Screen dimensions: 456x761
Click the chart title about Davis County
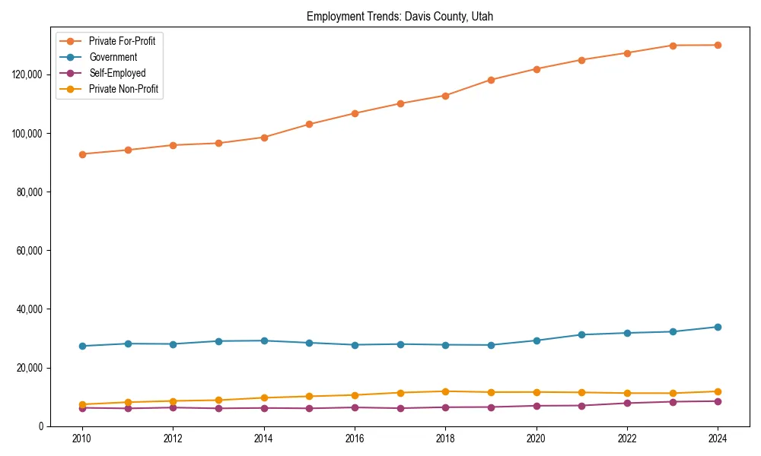[400, 16]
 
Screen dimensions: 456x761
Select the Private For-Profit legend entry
[122, 41]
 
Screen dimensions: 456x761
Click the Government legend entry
[113, 57]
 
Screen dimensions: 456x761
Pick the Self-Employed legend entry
[116, 73]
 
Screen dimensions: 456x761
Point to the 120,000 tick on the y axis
[27, 74]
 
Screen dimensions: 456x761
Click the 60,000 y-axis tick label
[30, 251]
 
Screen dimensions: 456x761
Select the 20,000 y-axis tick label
[30, 368]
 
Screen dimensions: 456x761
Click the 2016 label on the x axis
[355, 439]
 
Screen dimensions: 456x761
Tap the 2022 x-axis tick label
[627, 439]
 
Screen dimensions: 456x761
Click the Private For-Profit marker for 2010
[82, 154]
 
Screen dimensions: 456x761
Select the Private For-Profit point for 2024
[718, 45]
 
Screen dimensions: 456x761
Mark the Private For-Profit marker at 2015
[309, 124]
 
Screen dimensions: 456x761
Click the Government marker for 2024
[718, 327]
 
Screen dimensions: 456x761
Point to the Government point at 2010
[82, 346]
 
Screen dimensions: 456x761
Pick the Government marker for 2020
[537, 340]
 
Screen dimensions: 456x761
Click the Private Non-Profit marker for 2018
[445, 391]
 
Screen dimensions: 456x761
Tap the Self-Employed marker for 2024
[718, 401]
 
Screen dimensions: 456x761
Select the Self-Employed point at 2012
[173, 407]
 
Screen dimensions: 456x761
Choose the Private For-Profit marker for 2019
[491, 80]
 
